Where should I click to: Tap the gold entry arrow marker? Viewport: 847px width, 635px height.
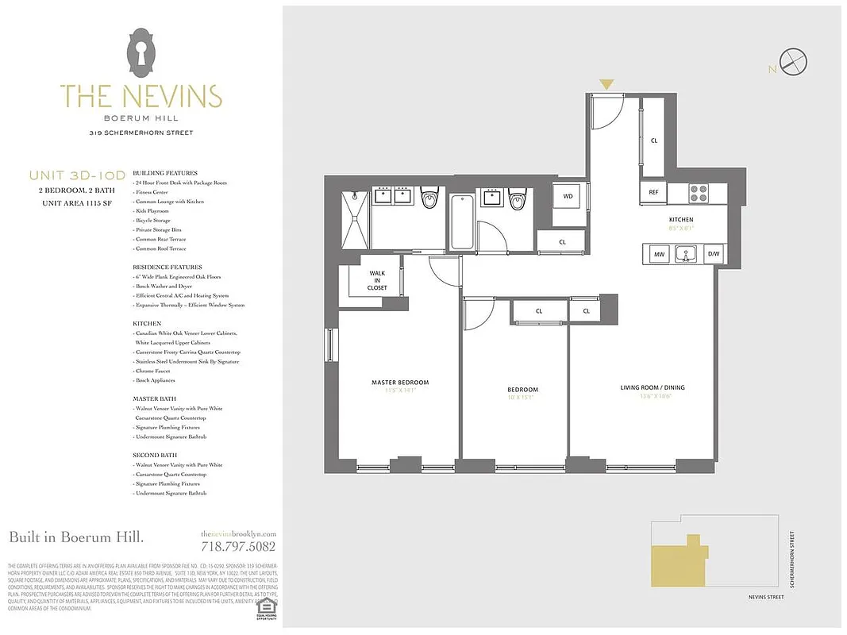[x=606, y=84]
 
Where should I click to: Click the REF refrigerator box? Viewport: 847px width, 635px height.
[x=653, y=192]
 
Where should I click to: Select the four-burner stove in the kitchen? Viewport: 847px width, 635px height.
[x=698, y=192]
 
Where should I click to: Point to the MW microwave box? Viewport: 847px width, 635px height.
[x=659, y=255]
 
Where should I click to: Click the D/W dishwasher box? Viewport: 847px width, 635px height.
[x=714, y=255]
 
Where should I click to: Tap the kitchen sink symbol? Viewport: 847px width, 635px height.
[x=686, y=255]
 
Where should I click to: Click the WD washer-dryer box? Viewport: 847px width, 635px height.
[x=568, y=195]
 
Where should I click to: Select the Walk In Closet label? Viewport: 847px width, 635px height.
[x=377, y=280]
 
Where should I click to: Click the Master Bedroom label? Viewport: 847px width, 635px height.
[x=400, y=383]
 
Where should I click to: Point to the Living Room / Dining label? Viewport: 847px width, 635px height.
[x=653, y=387]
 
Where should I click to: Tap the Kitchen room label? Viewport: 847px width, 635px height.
[x=681, y=220]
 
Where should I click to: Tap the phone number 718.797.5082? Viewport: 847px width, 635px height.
[x=238, y=546]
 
